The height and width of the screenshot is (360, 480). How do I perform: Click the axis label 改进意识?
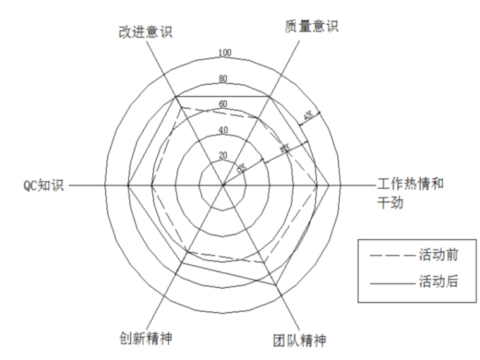click(145, 31)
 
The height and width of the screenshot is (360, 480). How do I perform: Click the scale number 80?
click(223, 79)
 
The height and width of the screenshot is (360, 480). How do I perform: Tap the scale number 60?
click(223, 104)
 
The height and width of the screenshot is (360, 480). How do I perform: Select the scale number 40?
click(223, 130)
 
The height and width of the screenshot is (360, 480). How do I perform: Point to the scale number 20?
click(223, 155)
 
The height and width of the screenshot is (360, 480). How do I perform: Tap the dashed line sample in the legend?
click(392, 256)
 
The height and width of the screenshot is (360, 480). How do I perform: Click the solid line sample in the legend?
click(392, 282)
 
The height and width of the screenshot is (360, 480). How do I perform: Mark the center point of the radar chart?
click(223, 186)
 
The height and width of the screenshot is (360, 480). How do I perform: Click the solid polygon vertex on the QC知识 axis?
click(128, 186)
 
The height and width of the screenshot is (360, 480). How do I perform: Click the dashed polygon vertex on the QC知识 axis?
click(152, 186)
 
